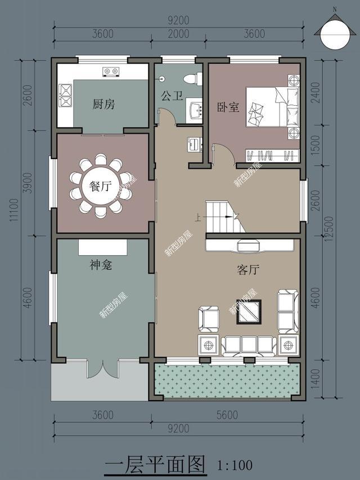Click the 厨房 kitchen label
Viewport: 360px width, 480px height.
click(104, 105)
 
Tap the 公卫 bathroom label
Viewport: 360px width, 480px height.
click(172, 96)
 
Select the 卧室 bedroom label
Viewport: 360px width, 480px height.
click(228, 107)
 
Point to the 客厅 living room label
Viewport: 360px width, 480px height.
click(248, 270)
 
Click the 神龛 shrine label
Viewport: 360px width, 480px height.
click(101, 265)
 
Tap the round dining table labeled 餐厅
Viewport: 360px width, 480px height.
click(101, 186)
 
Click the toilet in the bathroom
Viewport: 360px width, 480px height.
click(193, 79)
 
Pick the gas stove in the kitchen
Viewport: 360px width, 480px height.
click(111, 72)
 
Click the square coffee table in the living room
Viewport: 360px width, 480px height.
click(249, 312)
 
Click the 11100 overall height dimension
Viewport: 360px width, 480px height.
click(14, 210)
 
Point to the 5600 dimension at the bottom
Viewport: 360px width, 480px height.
click(227, 415)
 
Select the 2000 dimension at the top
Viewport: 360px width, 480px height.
click(179, 33)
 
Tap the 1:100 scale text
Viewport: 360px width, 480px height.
click(235, 465)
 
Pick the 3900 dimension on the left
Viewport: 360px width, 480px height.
click(28, 183)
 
